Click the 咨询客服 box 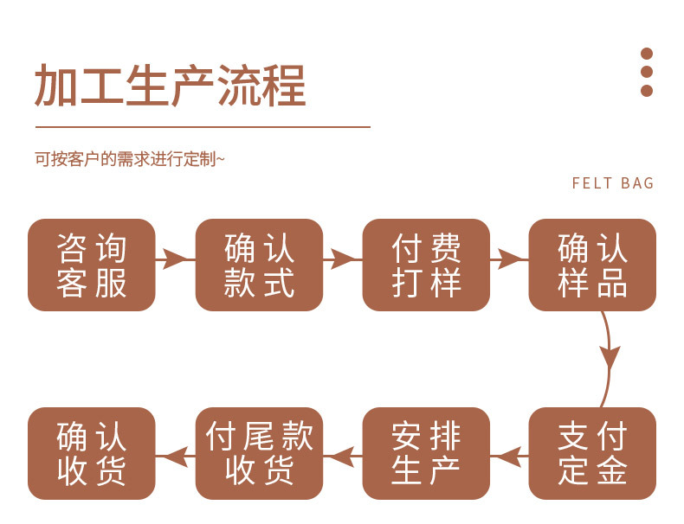coord(92,265)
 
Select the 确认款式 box coord(259,265)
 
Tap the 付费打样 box coord(426,265)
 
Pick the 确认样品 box coord(592,265)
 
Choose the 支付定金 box coord(592,453)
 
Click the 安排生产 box coord(426,453)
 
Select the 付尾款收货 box coord(259,453)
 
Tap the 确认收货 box coord(92,453)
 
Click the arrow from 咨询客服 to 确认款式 coord(175,258)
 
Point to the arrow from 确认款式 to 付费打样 coord(342,258)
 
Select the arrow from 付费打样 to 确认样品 coord(509,258)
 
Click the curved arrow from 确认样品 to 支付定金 coord(610,356)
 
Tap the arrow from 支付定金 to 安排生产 coord(509,454)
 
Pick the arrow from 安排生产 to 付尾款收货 coord(342,454)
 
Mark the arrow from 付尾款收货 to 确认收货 coord(175,454)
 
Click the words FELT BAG coord(613,183)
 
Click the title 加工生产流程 coord(171,86)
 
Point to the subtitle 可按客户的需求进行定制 coord(129,159)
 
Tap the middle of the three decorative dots coord(646,72)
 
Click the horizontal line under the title coord(203,127)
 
